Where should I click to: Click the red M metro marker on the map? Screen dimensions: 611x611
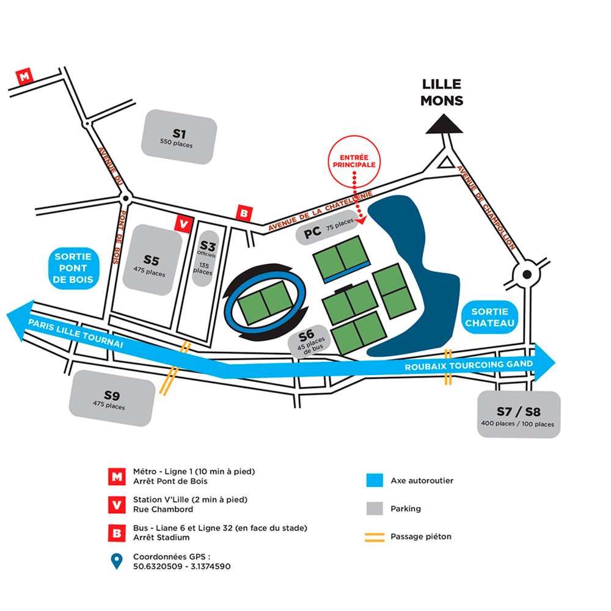coord(24,77)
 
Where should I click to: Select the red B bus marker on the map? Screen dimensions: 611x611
coord(244,213)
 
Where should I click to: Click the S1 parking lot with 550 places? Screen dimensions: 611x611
coord(179,137)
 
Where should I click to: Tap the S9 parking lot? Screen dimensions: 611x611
coord(114,400)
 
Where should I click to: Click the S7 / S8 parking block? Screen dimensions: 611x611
coord(519,414)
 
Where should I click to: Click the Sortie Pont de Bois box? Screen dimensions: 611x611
coord(73,268)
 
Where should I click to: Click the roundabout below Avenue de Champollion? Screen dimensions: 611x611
coord(526,273)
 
